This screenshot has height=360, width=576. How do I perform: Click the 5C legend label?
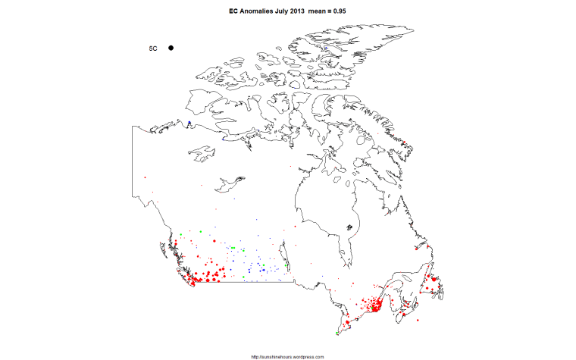pyautogui.click(x=152, y=49)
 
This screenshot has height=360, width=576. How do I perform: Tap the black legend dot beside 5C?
pyautogui.click(x=171, y=48)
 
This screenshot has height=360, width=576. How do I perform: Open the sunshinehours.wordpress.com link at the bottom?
pyautogui.click(x=287, y=356)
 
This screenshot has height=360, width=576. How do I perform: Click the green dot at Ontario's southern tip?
pyautogui.click(x=337, y=333)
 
